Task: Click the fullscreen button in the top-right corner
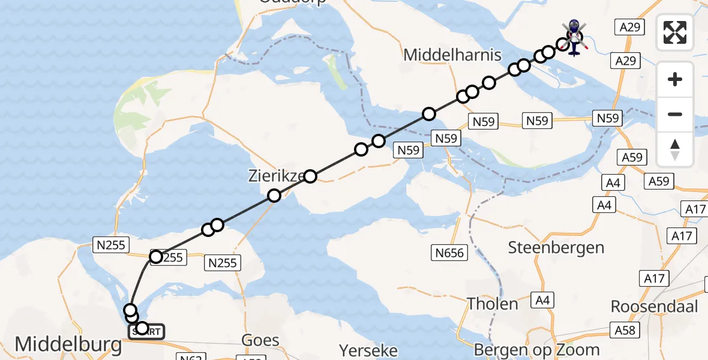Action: click(675, 32)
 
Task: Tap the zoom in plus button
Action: click(675, 79)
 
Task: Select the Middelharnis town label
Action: click(452, 56)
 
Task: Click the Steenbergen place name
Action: click(556, 247)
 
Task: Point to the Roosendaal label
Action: click(654, 307)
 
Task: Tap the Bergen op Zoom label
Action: click(536, 349)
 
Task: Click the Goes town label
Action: click(260, 341)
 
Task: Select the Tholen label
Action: click(493, 304)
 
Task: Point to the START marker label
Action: click(145, 331)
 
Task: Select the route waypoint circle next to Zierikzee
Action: click(310, 176)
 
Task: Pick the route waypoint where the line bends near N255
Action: click(156, 257)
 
